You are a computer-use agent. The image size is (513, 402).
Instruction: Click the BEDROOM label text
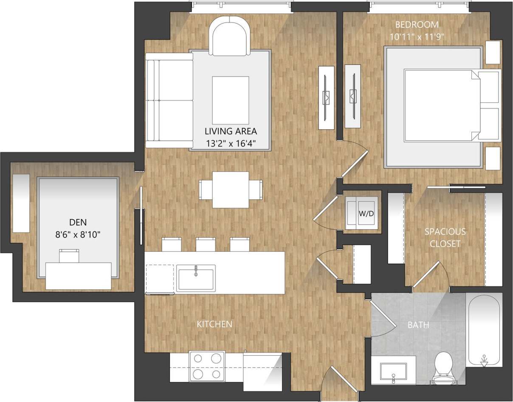[417, 24]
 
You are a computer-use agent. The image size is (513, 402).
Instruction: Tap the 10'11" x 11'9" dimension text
[417, 37]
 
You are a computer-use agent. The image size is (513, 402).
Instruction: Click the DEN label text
[78, 222]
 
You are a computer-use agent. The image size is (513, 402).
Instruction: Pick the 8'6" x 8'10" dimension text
[78, 234]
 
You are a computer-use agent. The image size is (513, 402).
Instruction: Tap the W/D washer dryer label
[366, 213]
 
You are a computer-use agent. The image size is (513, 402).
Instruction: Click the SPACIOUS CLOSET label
[445, 238]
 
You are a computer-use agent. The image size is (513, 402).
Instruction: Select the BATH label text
[418, 325]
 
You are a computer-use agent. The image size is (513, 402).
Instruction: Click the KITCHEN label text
[214, 324]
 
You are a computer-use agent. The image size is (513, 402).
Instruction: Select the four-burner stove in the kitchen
[207, 366]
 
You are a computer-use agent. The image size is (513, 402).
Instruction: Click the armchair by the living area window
[230, 37]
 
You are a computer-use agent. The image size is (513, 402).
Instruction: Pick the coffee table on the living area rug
[230, 100]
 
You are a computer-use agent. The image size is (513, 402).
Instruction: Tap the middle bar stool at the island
[206, 244]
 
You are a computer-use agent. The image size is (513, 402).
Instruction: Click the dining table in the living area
[231, 190]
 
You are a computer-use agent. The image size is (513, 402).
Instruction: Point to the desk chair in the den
[69, 256]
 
